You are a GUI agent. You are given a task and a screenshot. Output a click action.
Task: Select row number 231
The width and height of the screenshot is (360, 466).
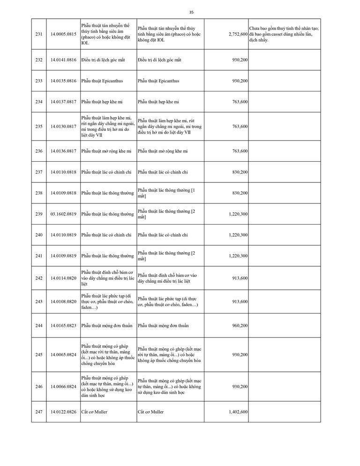click(38, 34)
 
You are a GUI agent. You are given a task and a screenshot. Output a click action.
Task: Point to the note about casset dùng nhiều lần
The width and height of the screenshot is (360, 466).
click(284, 34)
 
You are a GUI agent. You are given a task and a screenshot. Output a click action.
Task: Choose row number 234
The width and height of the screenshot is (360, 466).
click(38, 102)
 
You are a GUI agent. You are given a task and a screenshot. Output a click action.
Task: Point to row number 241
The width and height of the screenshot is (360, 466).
click(38, 256)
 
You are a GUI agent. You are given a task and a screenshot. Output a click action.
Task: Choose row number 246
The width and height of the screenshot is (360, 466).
click(38, 387)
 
